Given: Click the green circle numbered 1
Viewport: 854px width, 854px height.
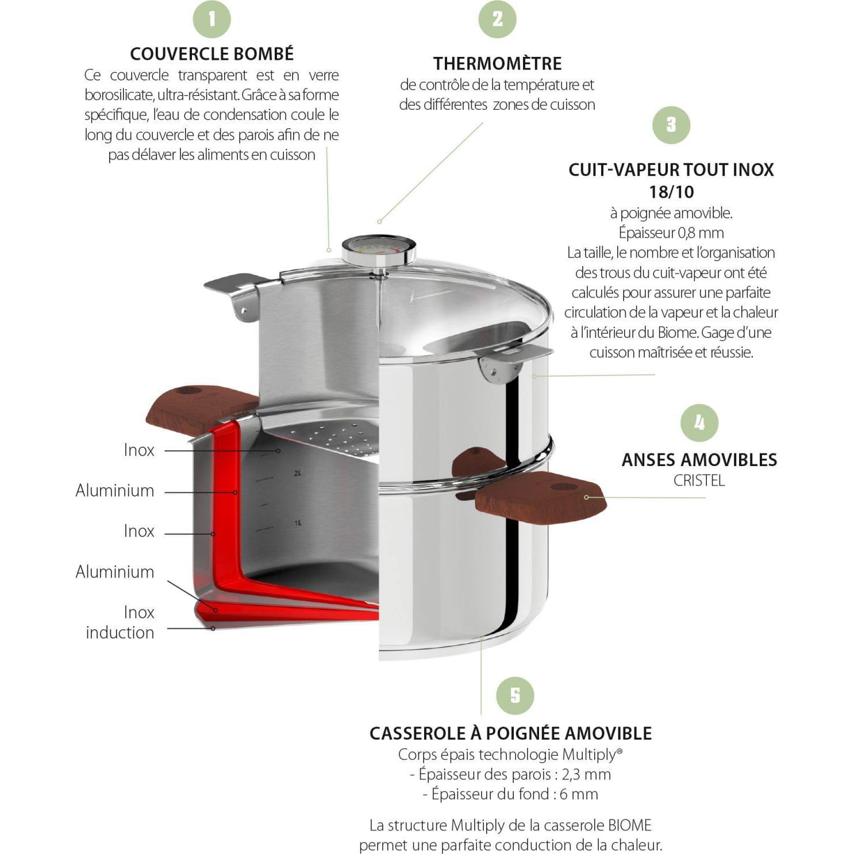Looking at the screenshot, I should (x=211, y=19).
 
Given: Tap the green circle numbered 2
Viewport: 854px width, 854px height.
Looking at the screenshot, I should (x=497, y=19).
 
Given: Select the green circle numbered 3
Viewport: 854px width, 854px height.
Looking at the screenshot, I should (x=671, y=125).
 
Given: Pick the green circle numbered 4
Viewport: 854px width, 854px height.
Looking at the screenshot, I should (x=699, y=423).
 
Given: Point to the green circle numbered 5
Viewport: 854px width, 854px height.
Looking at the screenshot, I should (x=515, y=695).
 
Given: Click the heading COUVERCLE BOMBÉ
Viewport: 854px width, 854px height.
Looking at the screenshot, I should (x=211, y=54).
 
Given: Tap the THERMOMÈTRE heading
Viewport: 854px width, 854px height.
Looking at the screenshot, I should (x=497, y=63).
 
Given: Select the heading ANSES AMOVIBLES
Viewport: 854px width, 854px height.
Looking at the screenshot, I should (x=699, y=460).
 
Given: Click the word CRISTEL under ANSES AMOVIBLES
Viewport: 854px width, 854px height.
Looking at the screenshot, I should (x=699, y=480).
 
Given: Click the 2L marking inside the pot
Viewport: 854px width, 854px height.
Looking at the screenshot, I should (x=297, y=474).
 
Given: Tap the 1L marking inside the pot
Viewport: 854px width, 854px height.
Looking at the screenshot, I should (x=297, y=523).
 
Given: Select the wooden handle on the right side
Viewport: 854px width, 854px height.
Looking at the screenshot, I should (x=540, y=498).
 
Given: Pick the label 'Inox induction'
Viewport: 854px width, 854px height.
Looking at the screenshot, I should (x=120, y=622).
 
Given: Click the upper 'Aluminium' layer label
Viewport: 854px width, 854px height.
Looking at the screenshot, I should (x=115, y=491).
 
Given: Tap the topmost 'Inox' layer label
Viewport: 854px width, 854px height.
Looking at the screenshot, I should (x=139, y=450).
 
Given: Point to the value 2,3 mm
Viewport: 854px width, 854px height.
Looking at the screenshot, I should (x=586, y=774).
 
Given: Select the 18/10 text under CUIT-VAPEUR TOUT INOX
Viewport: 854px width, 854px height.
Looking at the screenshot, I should (x=671, y=192).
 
